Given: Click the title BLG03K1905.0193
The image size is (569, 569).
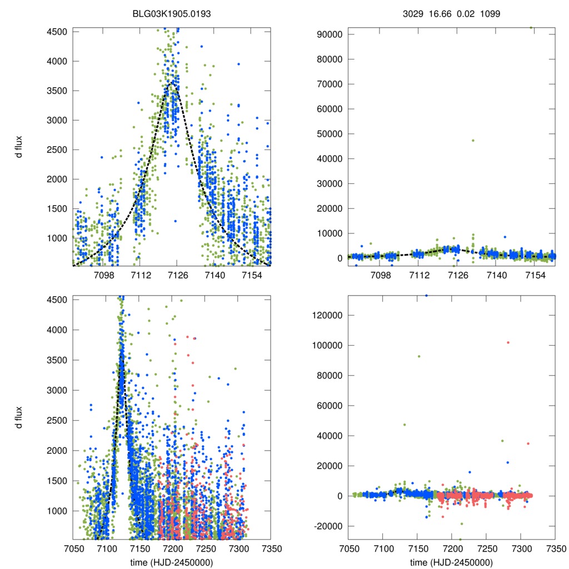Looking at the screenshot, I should pyautogui.click(x=172, y=13).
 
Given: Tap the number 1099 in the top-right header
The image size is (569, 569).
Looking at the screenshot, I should pyautogui.click(x=490, y=13).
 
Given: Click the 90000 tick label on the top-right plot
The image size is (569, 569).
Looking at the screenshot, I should pyautogui.click(x=328, y=34).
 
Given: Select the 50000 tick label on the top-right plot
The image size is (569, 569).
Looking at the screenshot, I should pyautogui.click(x=328, y=134).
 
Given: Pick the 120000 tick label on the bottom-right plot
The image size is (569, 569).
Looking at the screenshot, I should pyautogui.click(x=326, y=315).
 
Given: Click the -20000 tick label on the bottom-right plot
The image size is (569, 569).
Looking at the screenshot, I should pyautogui.click(x=327, y=526).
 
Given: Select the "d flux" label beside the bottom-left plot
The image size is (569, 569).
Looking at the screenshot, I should pyautogui.click(x=19, y=417).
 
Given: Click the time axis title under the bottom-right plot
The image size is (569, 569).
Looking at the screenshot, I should pyautogui.click(x=451, y=562).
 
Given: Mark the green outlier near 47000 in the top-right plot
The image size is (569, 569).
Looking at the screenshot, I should pyautogui.click(x=473, y=140).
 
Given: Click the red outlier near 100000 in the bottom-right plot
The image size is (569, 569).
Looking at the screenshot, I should pyautogui.click(x=508, y=342).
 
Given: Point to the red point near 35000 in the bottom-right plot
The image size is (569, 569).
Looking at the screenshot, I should pyautogui.click(x=528, y=443).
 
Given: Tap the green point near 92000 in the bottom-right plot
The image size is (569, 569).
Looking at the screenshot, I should pyautogui.click(x=419, y=356).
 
